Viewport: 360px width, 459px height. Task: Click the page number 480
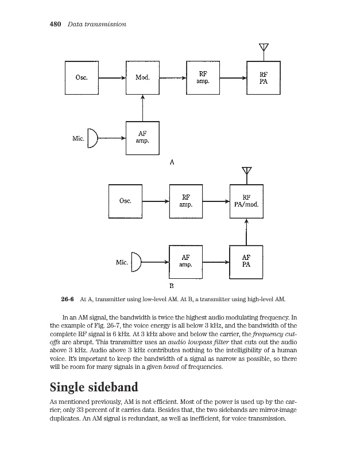(54, 24)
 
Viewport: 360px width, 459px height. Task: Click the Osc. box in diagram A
(82, 78)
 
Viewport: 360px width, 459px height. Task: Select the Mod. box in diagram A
(142, 78)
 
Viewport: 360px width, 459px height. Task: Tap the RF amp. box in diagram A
(203, 78)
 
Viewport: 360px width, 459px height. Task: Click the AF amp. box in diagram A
(142, 138)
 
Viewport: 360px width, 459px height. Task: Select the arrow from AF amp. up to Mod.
(142, 108)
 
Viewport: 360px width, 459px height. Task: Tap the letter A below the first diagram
(172, 162)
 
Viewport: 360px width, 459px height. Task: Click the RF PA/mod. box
(246, 201)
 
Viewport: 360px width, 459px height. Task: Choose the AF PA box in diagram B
(246, 262)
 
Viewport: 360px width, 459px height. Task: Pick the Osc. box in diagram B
(126, 201)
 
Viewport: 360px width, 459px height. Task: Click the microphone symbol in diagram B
(136, 262)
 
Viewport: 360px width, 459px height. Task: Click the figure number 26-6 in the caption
(68, 299)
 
